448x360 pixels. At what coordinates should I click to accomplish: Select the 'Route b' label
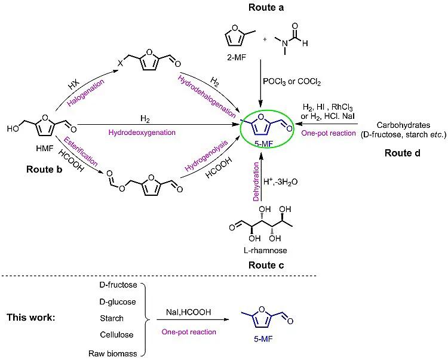pos(45,168)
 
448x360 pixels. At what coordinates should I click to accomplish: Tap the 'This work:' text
pos(31,316)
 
